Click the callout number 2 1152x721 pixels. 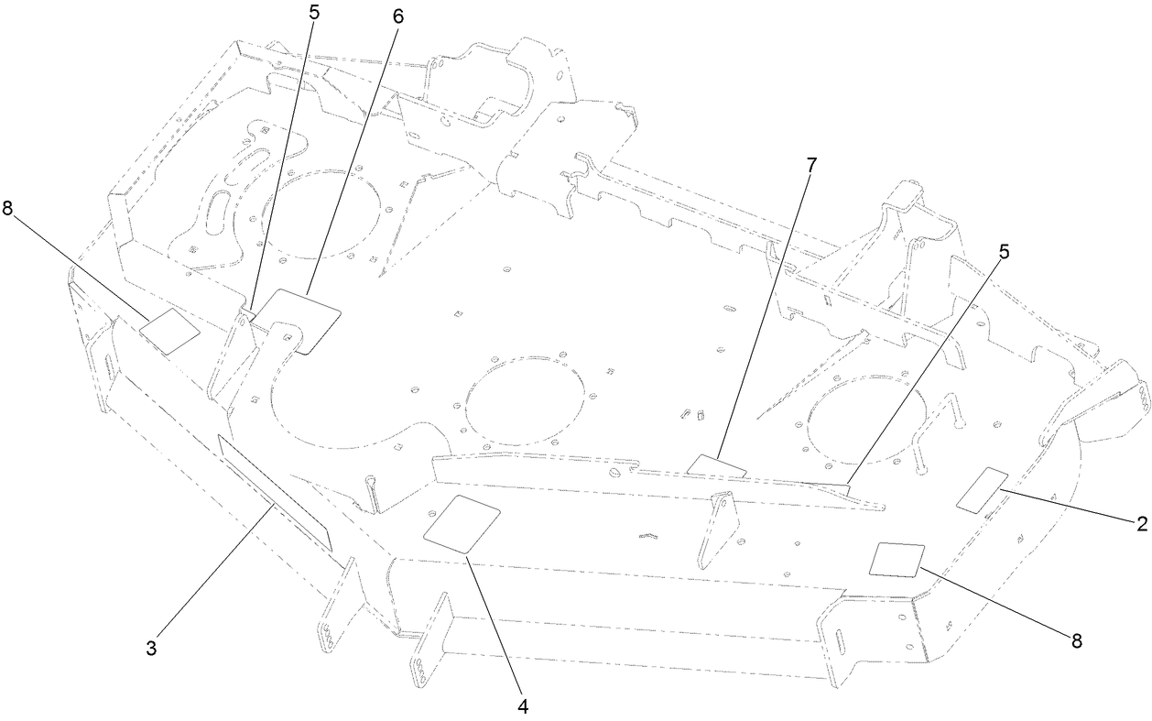tap(1141, 523)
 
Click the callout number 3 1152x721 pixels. tap(151, 648)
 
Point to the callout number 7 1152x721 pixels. tap(811, 165)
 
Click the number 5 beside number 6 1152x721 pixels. tap(314, 17)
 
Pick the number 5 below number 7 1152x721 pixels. tap(1004, 251)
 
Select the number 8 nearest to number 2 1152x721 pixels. tap(1077, 640)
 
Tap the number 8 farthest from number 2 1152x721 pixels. tap(7, 208)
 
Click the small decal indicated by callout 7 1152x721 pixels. tap(716, 465)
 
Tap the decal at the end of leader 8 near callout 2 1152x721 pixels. tap(896, 558)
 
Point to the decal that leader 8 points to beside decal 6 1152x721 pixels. tap(169, 330)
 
